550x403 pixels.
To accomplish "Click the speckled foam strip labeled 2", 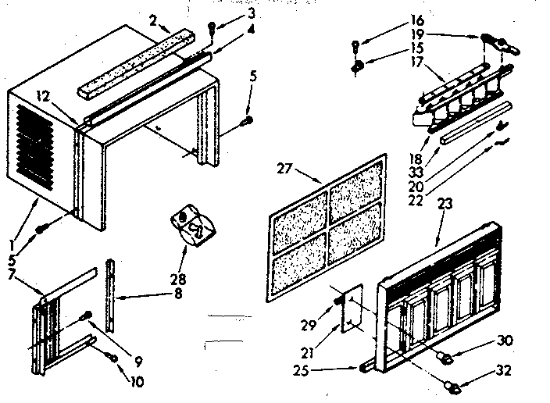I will tap(133, 58).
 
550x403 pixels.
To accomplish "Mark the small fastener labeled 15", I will tap(356, 67).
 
